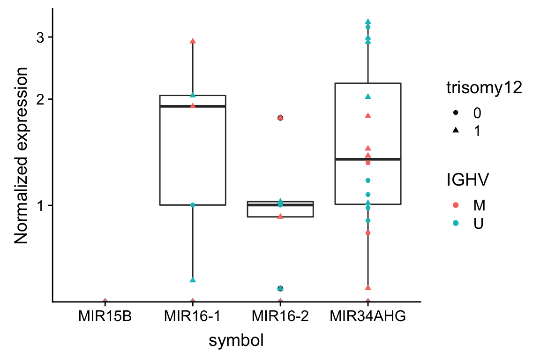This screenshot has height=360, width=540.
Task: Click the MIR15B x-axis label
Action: click(105, 317)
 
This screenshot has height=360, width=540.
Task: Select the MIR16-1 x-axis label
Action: click(193, 317)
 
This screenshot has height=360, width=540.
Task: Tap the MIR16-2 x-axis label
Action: click(280, 317)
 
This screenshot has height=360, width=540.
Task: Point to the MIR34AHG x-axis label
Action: click(368, 317)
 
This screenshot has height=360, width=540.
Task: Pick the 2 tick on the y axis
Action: click(40, 99)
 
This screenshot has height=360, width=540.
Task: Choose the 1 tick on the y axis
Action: click(40, 205)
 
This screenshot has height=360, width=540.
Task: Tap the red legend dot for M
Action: click(456, 205)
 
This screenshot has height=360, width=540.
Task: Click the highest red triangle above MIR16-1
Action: click(193, 41)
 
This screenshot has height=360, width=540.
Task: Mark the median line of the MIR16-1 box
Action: click(193, 106)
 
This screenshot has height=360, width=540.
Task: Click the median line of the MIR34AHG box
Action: click(368, 159)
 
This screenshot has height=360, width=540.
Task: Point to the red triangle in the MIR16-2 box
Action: click(280, 216)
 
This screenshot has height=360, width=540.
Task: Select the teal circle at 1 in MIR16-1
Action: click(193, 205)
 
